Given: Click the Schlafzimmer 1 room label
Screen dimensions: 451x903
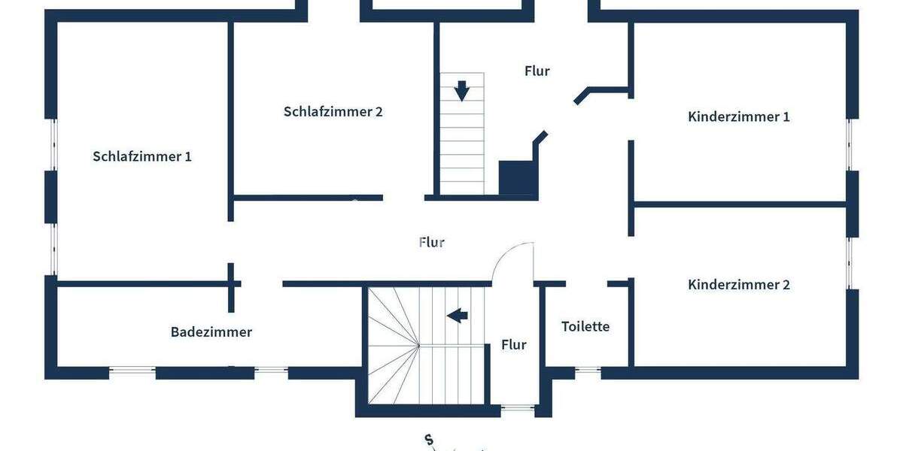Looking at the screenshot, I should (x=142, y=156).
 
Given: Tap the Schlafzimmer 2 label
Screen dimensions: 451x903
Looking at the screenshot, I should (x=333, y=111).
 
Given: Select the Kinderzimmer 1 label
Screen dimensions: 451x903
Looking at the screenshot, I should (x=738, y=117).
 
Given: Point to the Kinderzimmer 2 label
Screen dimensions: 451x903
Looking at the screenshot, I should (x=738, y=285).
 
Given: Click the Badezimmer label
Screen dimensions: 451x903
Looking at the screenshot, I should (x=211, y=331).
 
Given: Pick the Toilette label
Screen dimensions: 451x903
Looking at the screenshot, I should (x=585, y=326).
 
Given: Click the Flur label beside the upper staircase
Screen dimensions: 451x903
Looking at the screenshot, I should (x=537, y=71).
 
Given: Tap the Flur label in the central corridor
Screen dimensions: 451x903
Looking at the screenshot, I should (x=432, y=243).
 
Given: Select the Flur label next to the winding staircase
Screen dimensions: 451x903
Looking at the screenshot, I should (x=514, y=345).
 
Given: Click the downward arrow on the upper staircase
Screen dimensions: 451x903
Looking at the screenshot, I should (x=462, y=91).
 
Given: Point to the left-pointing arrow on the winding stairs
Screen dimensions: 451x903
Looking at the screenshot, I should (x=458, y=315).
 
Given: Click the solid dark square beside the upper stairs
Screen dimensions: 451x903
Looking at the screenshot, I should (x=518, y=178).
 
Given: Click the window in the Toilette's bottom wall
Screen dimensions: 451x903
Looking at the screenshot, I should (x=588, y=371).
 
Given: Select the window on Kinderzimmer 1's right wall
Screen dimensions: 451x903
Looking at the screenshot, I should (x=850, y=144).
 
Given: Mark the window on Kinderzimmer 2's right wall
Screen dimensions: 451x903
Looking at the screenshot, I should (x=850, y=263).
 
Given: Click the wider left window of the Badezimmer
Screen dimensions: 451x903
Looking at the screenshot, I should (x=132, y=371).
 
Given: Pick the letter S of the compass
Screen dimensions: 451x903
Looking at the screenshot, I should (x=428, y=440).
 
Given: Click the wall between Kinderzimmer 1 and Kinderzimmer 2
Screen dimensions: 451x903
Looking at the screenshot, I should (x=741, y=204).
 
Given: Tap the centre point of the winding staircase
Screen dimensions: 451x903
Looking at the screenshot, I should (x=418, y=345).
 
